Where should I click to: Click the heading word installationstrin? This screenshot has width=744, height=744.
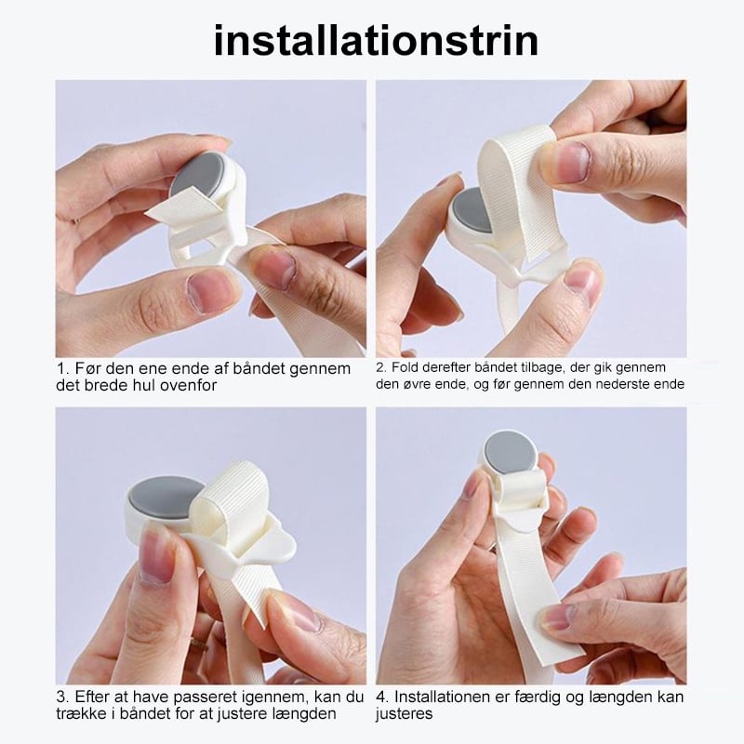[x=376, y=41]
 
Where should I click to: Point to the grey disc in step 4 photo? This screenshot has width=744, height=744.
[x=510, y=452]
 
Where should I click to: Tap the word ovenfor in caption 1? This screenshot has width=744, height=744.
[x=188, y=385]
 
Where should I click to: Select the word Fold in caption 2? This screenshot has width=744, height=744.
[x=405, y=366]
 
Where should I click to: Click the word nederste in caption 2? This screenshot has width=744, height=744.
[x=625, y=384]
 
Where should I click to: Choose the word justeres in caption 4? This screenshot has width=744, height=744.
[x=404, y=713]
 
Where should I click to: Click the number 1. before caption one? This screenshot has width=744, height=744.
[x=63, y=368]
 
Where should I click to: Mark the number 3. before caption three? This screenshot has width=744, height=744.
[x=62, y=697]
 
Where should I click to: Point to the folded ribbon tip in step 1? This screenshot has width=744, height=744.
[x=152, y=215]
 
